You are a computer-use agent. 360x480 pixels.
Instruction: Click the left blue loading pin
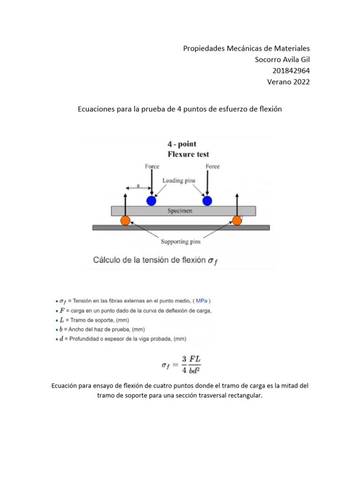pyautogui.click(x=151, y=201)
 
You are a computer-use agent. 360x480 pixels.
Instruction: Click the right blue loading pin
pyautogui.click(x=207, y=201)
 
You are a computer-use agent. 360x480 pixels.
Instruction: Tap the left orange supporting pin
pyautogui.click(x=125, y=220)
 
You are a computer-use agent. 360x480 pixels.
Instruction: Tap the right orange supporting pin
pyautogui.click(x=237, y=220)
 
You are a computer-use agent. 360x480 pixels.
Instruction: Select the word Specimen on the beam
pyautogui.click(x=180, y=211)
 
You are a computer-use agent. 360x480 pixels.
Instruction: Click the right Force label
pyautogui.click(x=212, y=166)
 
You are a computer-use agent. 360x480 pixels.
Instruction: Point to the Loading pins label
pyautogui.click(x=179, y=180)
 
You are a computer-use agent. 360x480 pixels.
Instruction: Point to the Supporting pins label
pyautogui.click(x=180, y=242)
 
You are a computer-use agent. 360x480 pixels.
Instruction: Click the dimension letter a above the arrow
pyautogui.click(x=138, y=185)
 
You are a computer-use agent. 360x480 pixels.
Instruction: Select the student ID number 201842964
pyautogui.click(x=291, y=70)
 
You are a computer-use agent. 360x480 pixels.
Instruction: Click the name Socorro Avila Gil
pyautogui.click(x=282, y=59)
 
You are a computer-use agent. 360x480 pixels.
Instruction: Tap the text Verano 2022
pyautogui.click(x=288, y=82)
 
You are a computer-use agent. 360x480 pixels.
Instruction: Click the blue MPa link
pyautogui.click(x=202, y=300)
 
